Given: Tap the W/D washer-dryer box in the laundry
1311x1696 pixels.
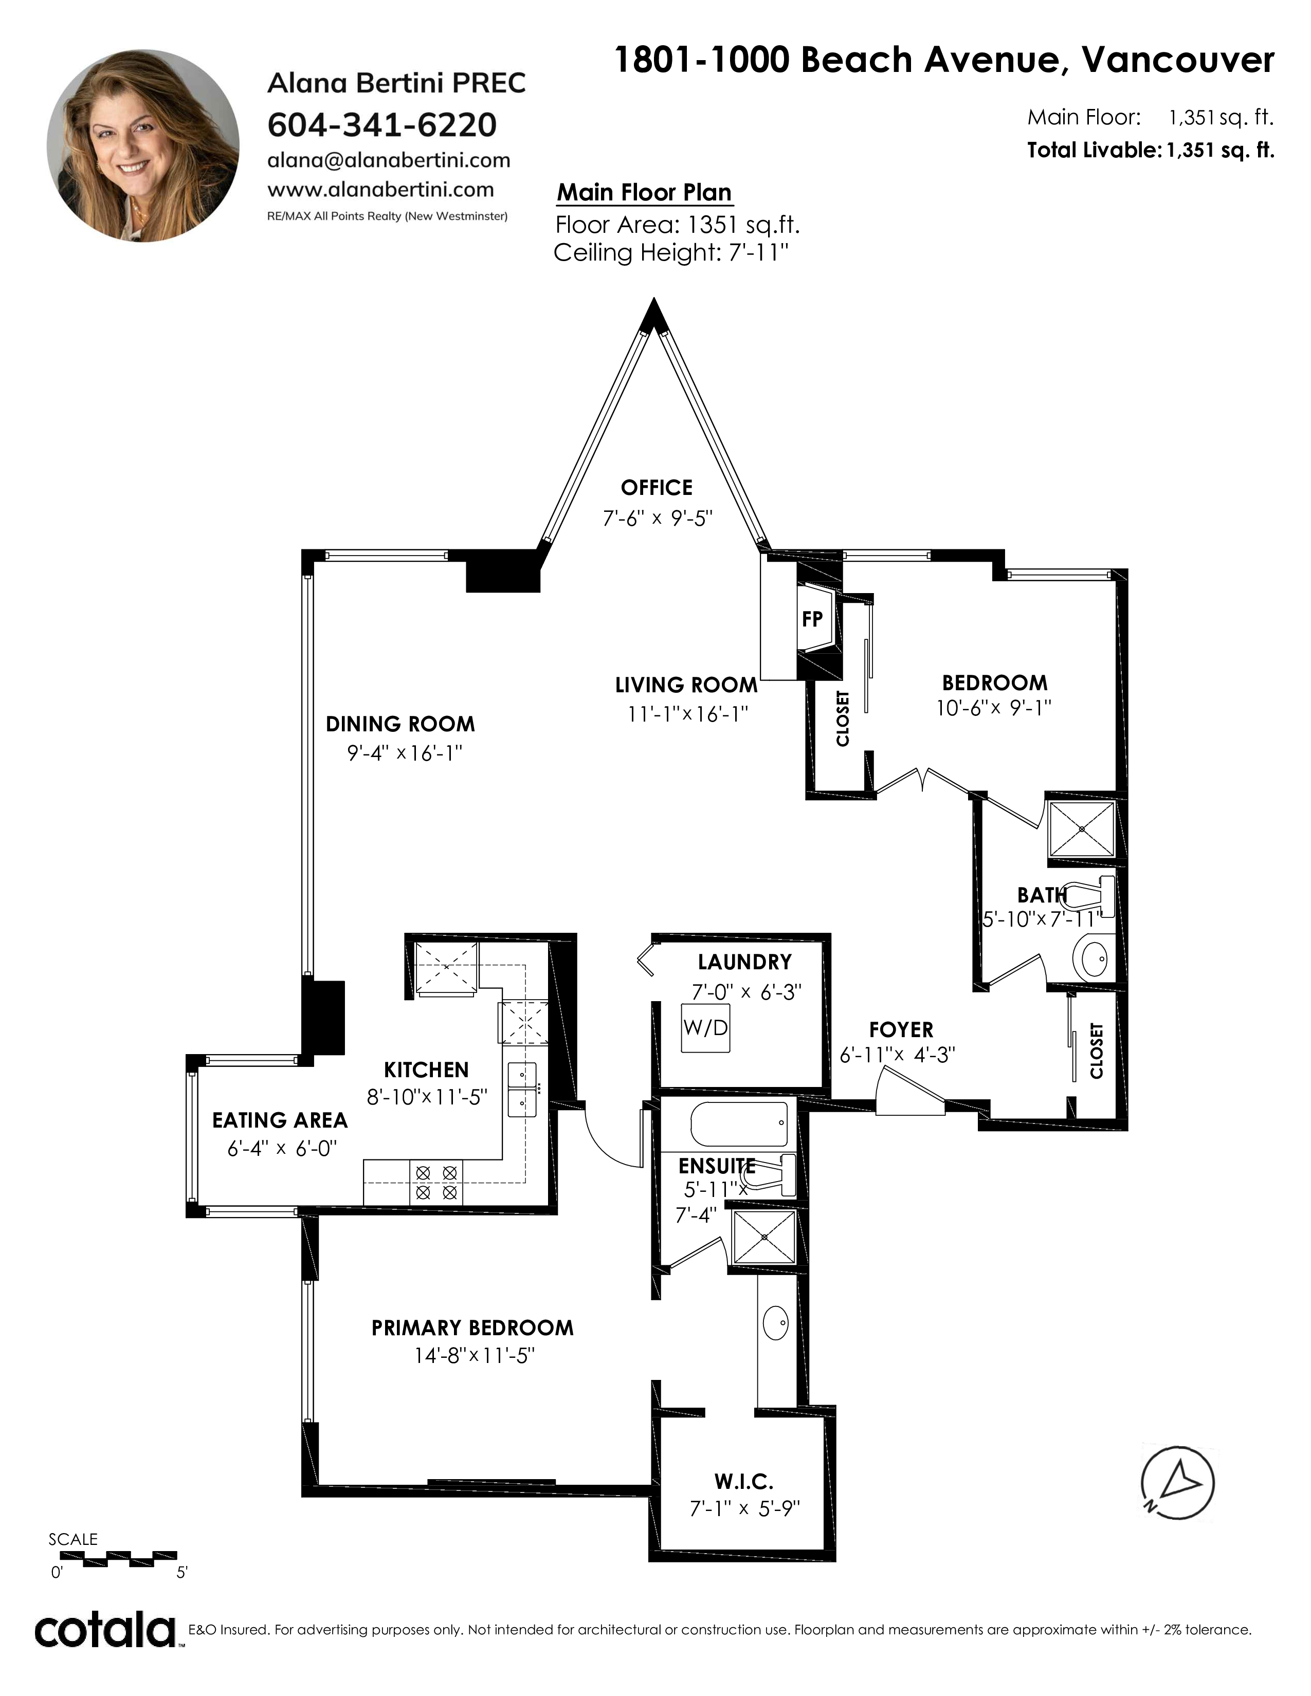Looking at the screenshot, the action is pyautogui.click(x=706, y=1027).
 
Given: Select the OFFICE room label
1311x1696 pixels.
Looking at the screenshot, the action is pyautogui.click(x=657, y=488).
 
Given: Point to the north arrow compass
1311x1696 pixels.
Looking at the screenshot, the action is pyautogui.click(x=1177, y=1484).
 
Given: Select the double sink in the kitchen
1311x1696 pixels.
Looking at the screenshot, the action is pyautogui.click(x=522, y=1090).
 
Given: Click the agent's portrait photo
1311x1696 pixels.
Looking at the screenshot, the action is pyautogui.click(x=143, y=146).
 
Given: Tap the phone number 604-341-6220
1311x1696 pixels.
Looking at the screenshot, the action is pyautogui.click(x=382, y=125).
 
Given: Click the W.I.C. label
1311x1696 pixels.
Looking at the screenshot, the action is pyautogui.click(x=743, y=1480).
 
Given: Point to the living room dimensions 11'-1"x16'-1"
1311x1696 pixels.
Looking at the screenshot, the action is pyautogui.click(x=687, y=714).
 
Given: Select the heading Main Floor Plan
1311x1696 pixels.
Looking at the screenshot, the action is pyautogui.click(x=645, y=193).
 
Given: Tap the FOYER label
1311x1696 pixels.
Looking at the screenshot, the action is pyautogui.click(x=901, y=1030).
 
